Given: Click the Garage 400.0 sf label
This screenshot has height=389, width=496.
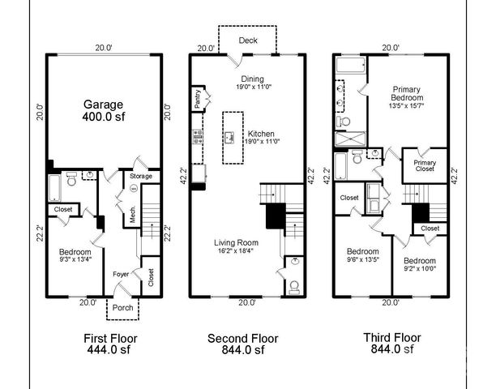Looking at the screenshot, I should (103, 111).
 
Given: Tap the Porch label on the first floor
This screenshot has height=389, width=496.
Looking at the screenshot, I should (122, 309).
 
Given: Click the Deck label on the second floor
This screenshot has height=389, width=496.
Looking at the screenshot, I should (249, 40).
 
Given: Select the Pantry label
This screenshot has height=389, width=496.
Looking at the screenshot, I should (199, 99).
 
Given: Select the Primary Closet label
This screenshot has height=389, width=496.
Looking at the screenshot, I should (425, 162).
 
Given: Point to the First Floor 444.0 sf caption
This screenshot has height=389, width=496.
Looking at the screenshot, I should (111, 344).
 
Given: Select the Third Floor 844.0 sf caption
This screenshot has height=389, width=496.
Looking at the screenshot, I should (391, 344).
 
